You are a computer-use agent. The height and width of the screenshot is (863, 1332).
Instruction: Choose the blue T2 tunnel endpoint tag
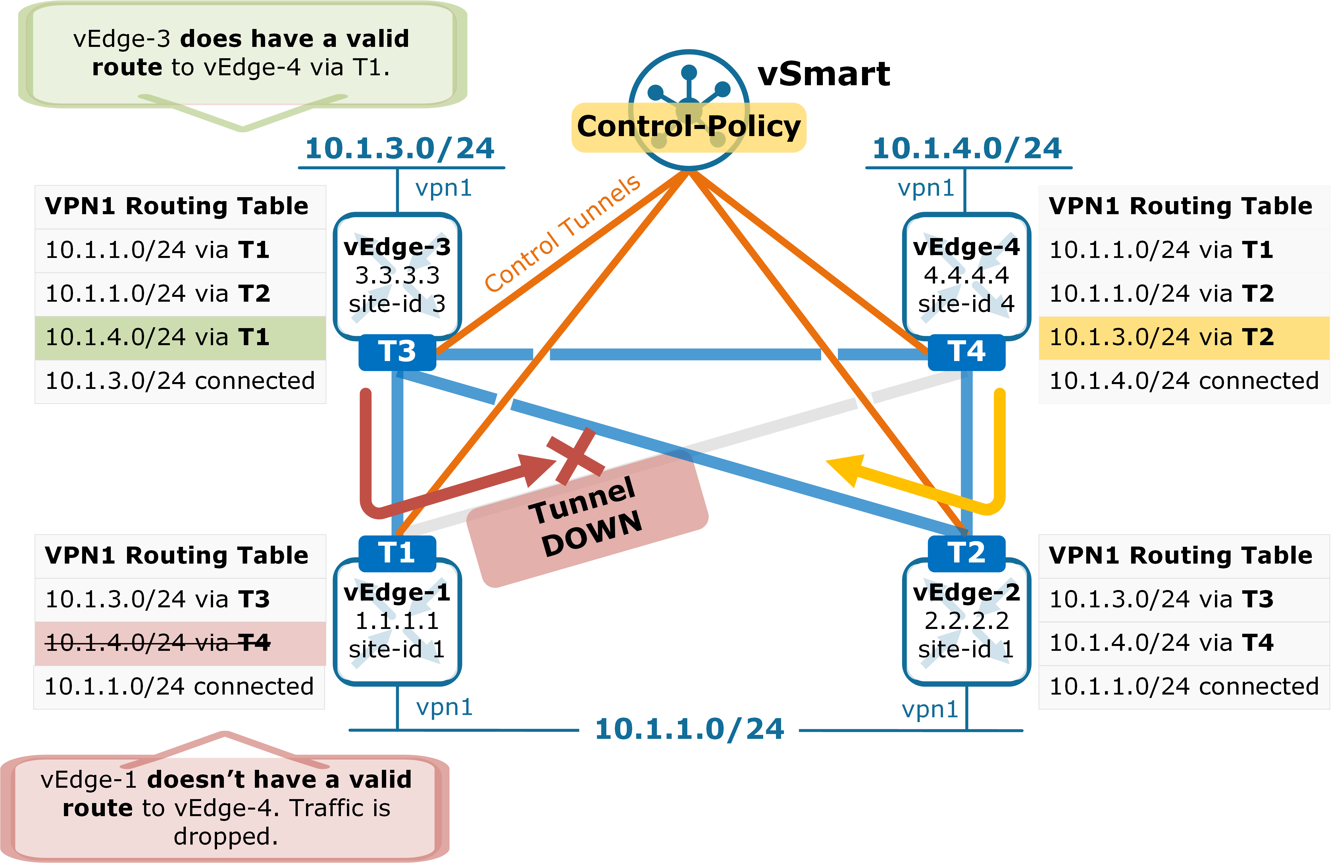click(967, 553)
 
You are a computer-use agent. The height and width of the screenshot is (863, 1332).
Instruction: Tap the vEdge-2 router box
click(967, 621)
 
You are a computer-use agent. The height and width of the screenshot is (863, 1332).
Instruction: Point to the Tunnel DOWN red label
click(588, 518)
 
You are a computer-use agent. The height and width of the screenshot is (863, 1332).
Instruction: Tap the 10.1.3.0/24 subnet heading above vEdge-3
click(399, 148)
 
